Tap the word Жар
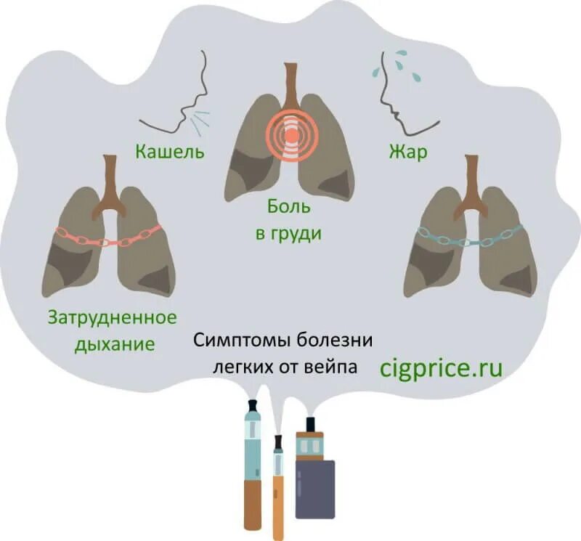click(x=407, y=152)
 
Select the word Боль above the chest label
click(x=288, y=206)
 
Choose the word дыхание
click(x=115, y=343)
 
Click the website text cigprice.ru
click(x=442, y=367)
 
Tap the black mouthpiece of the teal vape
click(x=253, y=404)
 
